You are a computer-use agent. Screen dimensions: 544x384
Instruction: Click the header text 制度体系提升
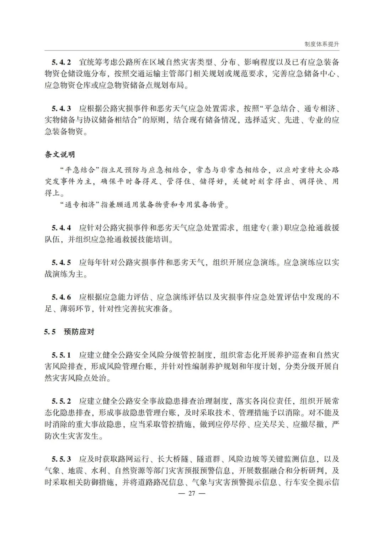322,44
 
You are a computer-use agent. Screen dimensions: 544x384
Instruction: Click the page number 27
192,493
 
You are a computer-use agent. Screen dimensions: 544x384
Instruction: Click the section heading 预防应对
79,332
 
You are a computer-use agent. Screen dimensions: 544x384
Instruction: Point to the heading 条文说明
60,155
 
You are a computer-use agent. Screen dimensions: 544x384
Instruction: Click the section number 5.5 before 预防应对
50,332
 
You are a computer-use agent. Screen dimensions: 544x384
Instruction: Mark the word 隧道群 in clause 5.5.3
208,459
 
